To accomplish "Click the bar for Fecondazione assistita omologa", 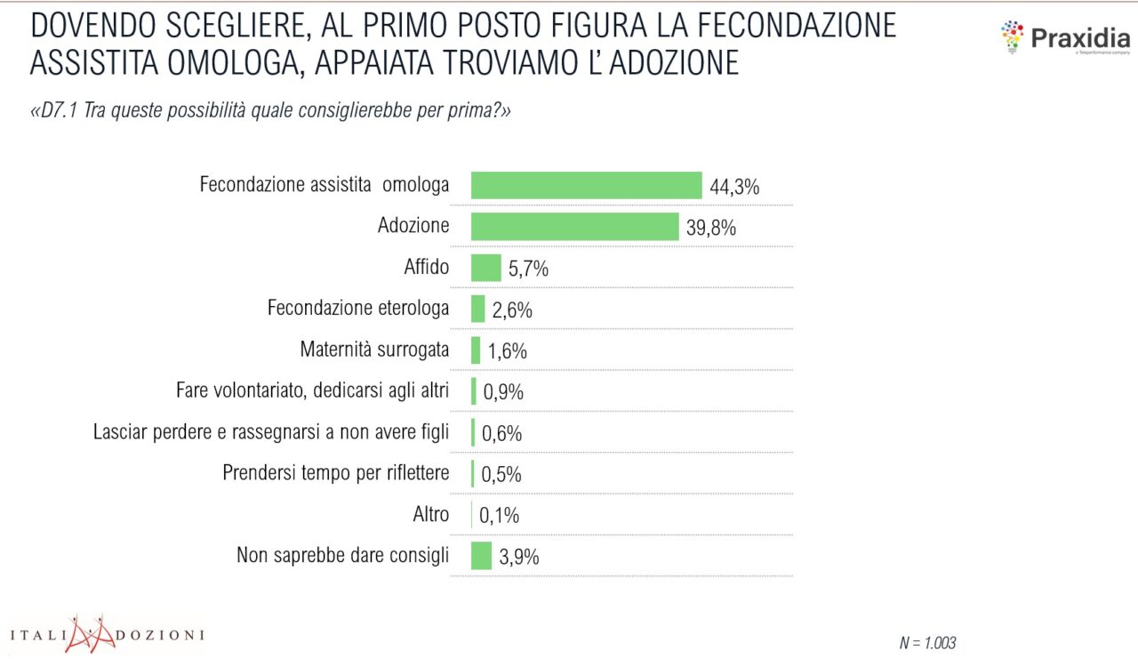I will pyautogui.click(x=586, y=185).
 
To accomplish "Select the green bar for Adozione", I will pyautogui.click(x=574, y=226).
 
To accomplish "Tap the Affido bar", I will pyautogui.click(x=485, y=268).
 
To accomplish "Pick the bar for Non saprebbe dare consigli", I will pyautogui.click(x=481, y=556).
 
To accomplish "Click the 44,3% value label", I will pyautogui.click(x=734, y=187).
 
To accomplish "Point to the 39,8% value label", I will pyautogui.click(x=711, y=228).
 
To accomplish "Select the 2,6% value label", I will pyautogui.click(x=512, y=310).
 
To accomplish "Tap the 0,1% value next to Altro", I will pyautogui.click(x=499, y=516).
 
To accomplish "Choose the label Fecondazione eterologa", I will pyautogui.click(x=358, y=309).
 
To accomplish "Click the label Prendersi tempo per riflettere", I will pyautogui.click(x=336, y=472).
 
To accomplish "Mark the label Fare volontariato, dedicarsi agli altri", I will pyautogui.click(x=313, y=390).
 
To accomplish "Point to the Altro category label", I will pyautogui.click(x=431, y=514).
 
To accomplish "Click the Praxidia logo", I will pyautogui.click(x=1064, y=39).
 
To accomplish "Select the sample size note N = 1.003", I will pyautogui.click(x=928, y=642).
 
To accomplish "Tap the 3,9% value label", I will pyautogui.click(x=519, y=558).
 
